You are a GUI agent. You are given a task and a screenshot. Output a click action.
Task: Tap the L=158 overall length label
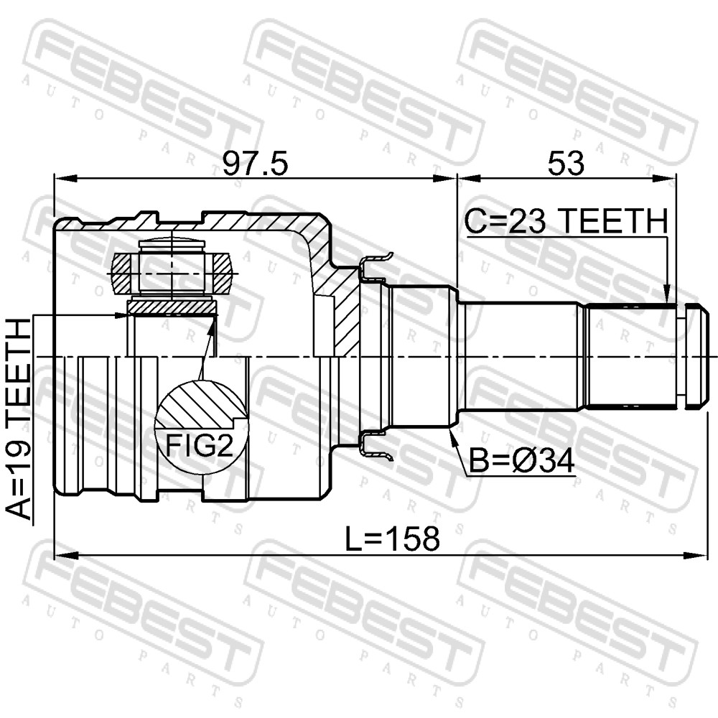click(392, 538)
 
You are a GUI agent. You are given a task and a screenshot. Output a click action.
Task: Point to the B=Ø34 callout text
click(521, 461)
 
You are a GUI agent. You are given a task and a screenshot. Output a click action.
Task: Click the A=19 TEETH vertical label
click(20, 420)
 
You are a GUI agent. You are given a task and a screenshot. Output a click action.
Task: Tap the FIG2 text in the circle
click(199, 445)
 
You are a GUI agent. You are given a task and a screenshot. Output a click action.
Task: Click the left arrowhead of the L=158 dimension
click(65, 556)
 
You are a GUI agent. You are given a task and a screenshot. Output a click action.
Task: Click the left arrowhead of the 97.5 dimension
click(65, 178)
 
